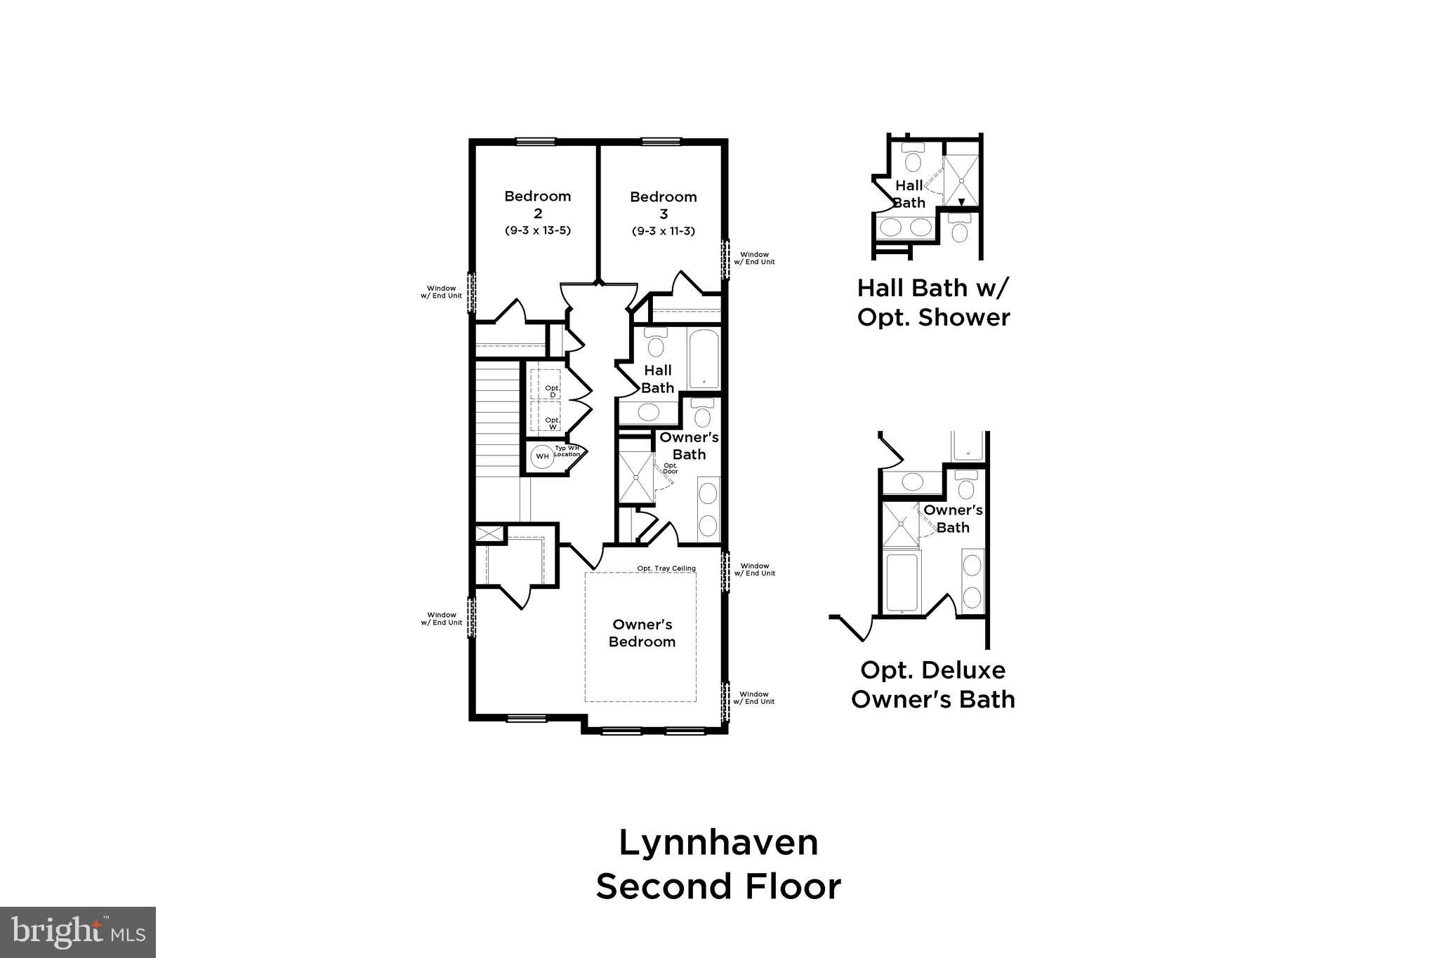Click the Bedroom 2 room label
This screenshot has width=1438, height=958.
[x=537, y=204]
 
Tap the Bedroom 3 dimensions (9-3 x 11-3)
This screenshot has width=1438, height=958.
[x=663, y=231]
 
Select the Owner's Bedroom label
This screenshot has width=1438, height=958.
[x=642, y=633]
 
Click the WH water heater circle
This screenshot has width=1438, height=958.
[x=542, y=456]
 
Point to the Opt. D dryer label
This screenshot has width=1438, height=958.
[x=553, y=392]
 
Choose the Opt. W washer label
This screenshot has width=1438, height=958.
[x=553, y=423]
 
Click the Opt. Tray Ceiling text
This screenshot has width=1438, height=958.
[x=666, y=568]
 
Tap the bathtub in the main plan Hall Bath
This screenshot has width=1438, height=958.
[x=704, y=357]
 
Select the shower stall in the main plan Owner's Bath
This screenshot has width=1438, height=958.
[x=636, y=477]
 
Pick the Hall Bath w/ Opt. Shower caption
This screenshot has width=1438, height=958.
[x=933, y=302]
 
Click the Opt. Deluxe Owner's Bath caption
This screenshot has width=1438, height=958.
[x=932, y=684]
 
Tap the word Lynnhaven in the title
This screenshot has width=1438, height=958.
[x=718, y=842]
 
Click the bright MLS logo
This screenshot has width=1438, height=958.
[x=78, y=932]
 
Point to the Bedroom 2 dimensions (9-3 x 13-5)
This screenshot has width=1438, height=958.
[x=537, y=231]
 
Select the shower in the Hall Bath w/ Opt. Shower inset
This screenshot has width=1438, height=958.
[x=961, y=181]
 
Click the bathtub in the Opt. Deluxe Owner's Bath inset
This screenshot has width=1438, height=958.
[x=902, y=583]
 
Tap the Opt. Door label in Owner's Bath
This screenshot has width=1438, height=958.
[x=671, y=468]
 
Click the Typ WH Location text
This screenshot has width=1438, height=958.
[x=567, y=451]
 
